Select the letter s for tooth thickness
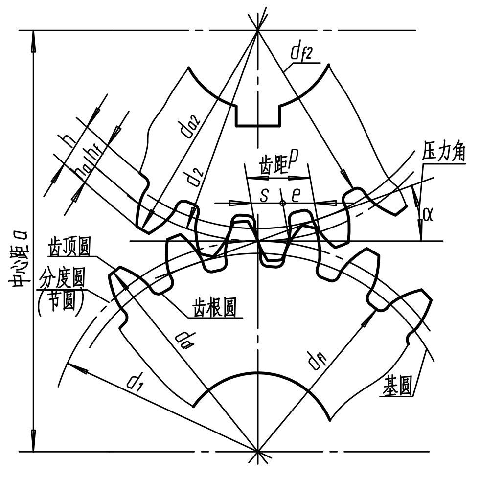pos(264,195)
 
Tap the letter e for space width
pos(296,195)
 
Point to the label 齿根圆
pos(215,308)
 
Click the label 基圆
pos(397,388)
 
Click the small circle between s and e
pos(282,203)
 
